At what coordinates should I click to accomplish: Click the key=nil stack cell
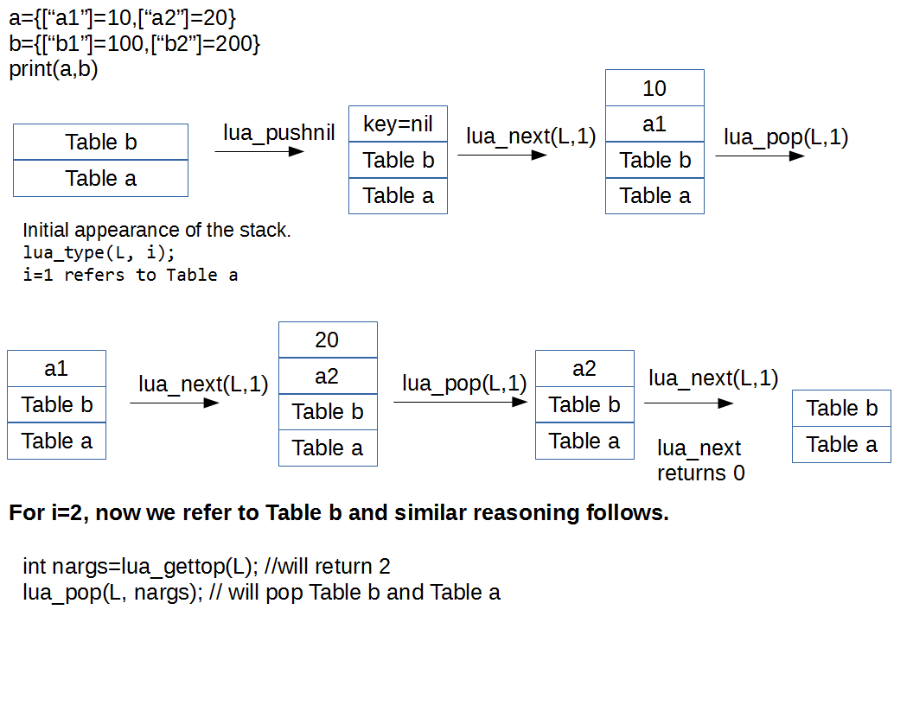[398, 124]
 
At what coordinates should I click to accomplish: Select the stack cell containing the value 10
[654, 88]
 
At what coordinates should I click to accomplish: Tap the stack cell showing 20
[328, 340]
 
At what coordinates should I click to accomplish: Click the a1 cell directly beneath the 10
[654, 124]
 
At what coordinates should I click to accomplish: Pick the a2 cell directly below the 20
[328, 376]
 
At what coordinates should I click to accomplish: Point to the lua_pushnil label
[278, 133]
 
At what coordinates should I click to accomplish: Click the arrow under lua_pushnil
[259, 152]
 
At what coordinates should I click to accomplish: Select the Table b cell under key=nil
[398, 161]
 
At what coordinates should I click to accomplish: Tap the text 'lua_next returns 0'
[700, 460]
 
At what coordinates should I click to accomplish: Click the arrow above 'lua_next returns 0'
[688, 403]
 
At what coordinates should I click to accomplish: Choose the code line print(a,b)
[54, 70]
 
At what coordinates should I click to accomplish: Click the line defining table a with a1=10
[122, 16]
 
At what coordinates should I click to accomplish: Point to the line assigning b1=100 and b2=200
[134, 43]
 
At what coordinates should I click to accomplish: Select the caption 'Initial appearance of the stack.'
[156, 231]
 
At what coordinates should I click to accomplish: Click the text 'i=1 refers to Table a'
[131, 276]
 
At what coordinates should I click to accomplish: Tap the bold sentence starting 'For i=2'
[339, 513]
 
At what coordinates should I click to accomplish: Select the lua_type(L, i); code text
[99, 253]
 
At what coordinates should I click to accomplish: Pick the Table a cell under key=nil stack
[398, 196]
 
